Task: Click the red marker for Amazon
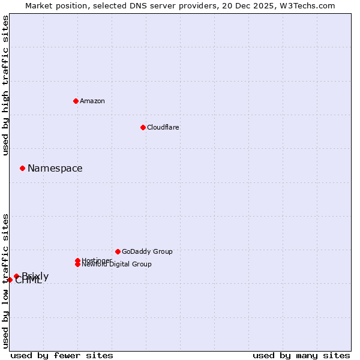[76, 101]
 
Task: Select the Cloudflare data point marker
[143, 127]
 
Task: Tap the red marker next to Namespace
[22, 168]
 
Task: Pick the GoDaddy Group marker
[118, 251]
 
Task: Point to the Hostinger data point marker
[77, 260]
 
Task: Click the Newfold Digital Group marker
[77, 264]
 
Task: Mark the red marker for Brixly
[16, 276]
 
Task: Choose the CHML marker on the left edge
[10, 280]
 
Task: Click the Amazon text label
[92, 101]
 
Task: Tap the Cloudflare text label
[163, 127]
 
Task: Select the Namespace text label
[55, 169]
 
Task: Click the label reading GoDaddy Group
[147, 251]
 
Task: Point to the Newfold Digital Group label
[117, 265]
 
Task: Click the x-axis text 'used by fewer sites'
[62, 355]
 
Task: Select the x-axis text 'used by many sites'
[301, 355]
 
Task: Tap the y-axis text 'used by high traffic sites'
[5, 85]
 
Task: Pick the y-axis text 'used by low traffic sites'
[5, 281]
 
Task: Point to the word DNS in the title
[136, 5]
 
